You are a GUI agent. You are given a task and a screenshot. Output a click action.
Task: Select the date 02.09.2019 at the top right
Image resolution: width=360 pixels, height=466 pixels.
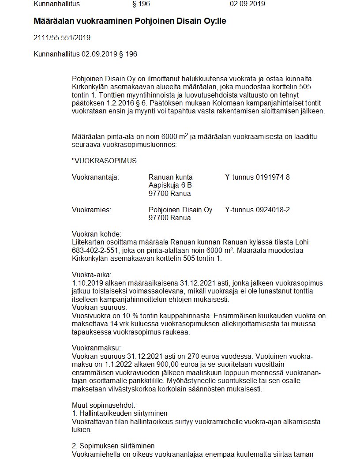[247, 4]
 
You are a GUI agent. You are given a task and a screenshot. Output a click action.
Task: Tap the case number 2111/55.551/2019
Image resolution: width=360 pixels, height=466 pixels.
[62, 38]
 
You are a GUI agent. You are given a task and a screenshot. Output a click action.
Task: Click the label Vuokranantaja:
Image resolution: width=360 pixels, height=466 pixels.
[95, 177]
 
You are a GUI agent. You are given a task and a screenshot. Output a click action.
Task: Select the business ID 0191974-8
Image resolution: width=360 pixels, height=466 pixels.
[273, 177]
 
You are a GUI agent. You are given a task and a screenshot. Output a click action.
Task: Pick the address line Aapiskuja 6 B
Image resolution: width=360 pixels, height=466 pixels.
[170, 185]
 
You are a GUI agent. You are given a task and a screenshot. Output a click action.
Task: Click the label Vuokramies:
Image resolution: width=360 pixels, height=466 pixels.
[91, 210]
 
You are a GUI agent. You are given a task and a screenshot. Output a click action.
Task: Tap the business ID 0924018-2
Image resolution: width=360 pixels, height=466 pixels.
[273, 210]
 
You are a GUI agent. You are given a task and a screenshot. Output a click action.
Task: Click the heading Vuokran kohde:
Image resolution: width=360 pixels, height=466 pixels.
[96, 234]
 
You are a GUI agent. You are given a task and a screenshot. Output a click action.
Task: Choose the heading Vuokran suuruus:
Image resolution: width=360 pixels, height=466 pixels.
[99, 307]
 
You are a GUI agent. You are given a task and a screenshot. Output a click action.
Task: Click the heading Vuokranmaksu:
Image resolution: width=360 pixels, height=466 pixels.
[96, 348]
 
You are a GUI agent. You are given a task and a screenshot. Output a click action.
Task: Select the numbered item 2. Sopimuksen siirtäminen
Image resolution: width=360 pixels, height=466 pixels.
[113, 446]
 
